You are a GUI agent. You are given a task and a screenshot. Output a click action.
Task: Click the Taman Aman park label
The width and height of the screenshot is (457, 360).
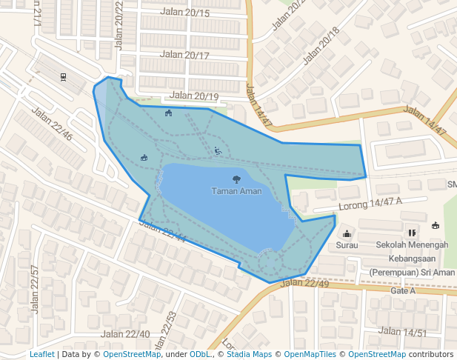236,191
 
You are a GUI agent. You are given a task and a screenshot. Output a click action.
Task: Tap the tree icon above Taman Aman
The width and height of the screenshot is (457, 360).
236,179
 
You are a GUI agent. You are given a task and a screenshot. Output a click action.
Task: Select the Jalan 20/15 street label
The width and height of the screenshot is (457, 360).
184,13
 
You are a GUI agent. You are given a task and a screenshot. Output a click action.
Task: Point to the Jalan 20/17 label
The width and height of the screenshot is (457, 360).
184,55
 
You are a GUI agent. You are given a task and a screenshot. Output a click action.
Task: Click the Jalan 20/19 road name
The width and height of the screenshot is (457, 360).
194,96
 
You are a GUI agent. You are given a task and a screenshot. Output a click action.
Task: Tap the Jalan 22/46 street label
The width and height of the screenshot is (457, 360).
52,124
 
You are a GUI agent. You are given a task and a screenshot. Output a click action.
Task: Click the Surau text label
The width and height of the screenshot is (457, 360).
347,244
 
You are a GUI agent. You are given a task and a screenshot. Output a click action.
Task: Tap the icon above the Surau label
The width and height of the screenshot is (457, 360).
347,234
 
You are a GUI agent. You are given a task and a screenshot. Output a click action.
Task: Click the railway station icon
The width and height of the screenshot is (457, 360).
64,76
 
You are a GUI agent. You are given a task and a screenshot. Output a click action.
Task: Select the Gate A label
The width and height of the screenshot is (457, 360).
403,290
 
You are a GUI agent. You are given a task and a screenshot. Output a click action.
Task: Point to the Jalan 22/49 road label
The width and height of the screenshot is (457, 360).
304,283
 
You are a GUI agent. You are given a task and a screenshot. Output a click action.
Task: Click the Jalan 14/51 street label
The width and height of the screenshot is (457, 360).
403,331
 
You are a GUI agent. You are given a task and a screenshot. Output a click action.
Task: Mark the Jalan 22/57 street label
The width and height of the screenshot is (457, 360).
34,289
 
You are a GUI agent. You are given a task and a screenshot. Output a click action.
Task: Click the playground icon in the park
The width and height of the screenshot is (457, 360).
218,151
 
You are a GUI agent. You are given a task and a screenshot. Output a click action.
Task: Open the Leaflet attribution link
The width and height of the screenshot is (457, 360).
42,355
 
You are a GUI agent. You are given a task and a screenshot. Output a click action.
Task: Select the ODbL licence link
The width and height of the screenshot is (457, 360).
199,355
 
